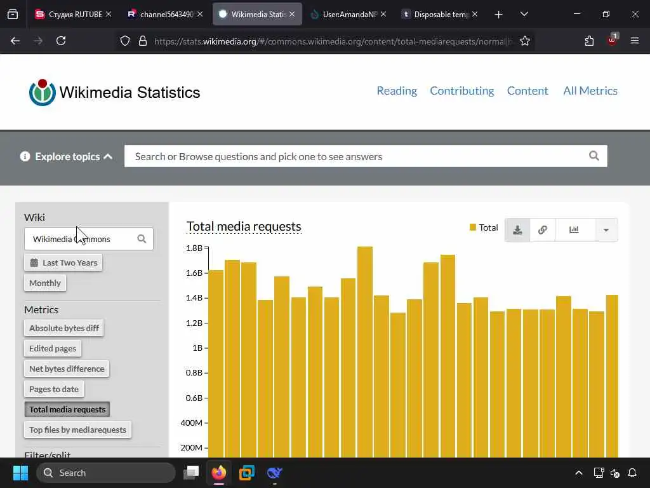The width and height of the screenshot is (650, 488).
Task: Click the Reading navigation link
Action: coord(397,91)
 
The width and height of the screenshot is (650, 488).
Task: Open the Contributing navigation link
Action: coord(461,91)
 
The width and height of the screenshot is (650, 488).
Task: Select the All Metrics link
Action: coord(590,91)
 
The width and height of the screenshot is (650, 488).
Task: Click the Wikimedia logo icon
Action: coord(42,93)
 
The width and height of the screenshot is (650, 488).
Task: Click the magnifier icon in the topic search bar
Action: coord(594,156)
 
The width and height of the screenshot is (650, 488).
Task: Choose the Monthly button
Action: coord(45,283)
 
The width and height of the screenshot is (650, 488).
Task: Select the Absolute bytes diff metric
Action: coord(64,329)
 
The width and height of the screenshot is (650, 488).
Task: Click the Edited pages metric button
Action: coord(53,348)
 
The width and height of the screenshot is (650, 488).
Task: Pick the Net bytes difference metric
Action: coord(67,369)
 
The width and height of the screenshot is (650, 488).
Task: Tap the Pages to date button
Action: coord(54,389)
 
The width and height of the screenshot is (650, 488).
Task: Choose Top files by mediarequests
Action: coord(77,430)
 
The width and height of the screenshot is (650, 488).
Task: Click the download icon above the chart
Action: coord(517,230)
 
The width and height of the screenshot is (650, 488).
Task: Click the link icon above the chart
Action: coord(542,230)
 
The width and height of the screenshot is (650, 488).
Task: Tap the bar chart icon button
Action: coord(574,230)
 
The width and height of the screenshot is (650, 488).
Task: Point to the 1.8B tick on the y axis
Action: coord(194,248)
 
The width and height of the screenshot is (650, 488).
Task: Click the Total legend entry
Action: coord(484,227)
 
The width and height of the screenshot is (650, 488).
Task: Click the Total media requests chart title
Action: coord(244,226)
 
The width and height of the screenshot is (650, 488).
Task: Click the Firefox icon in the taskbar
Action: coord(219,473)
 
